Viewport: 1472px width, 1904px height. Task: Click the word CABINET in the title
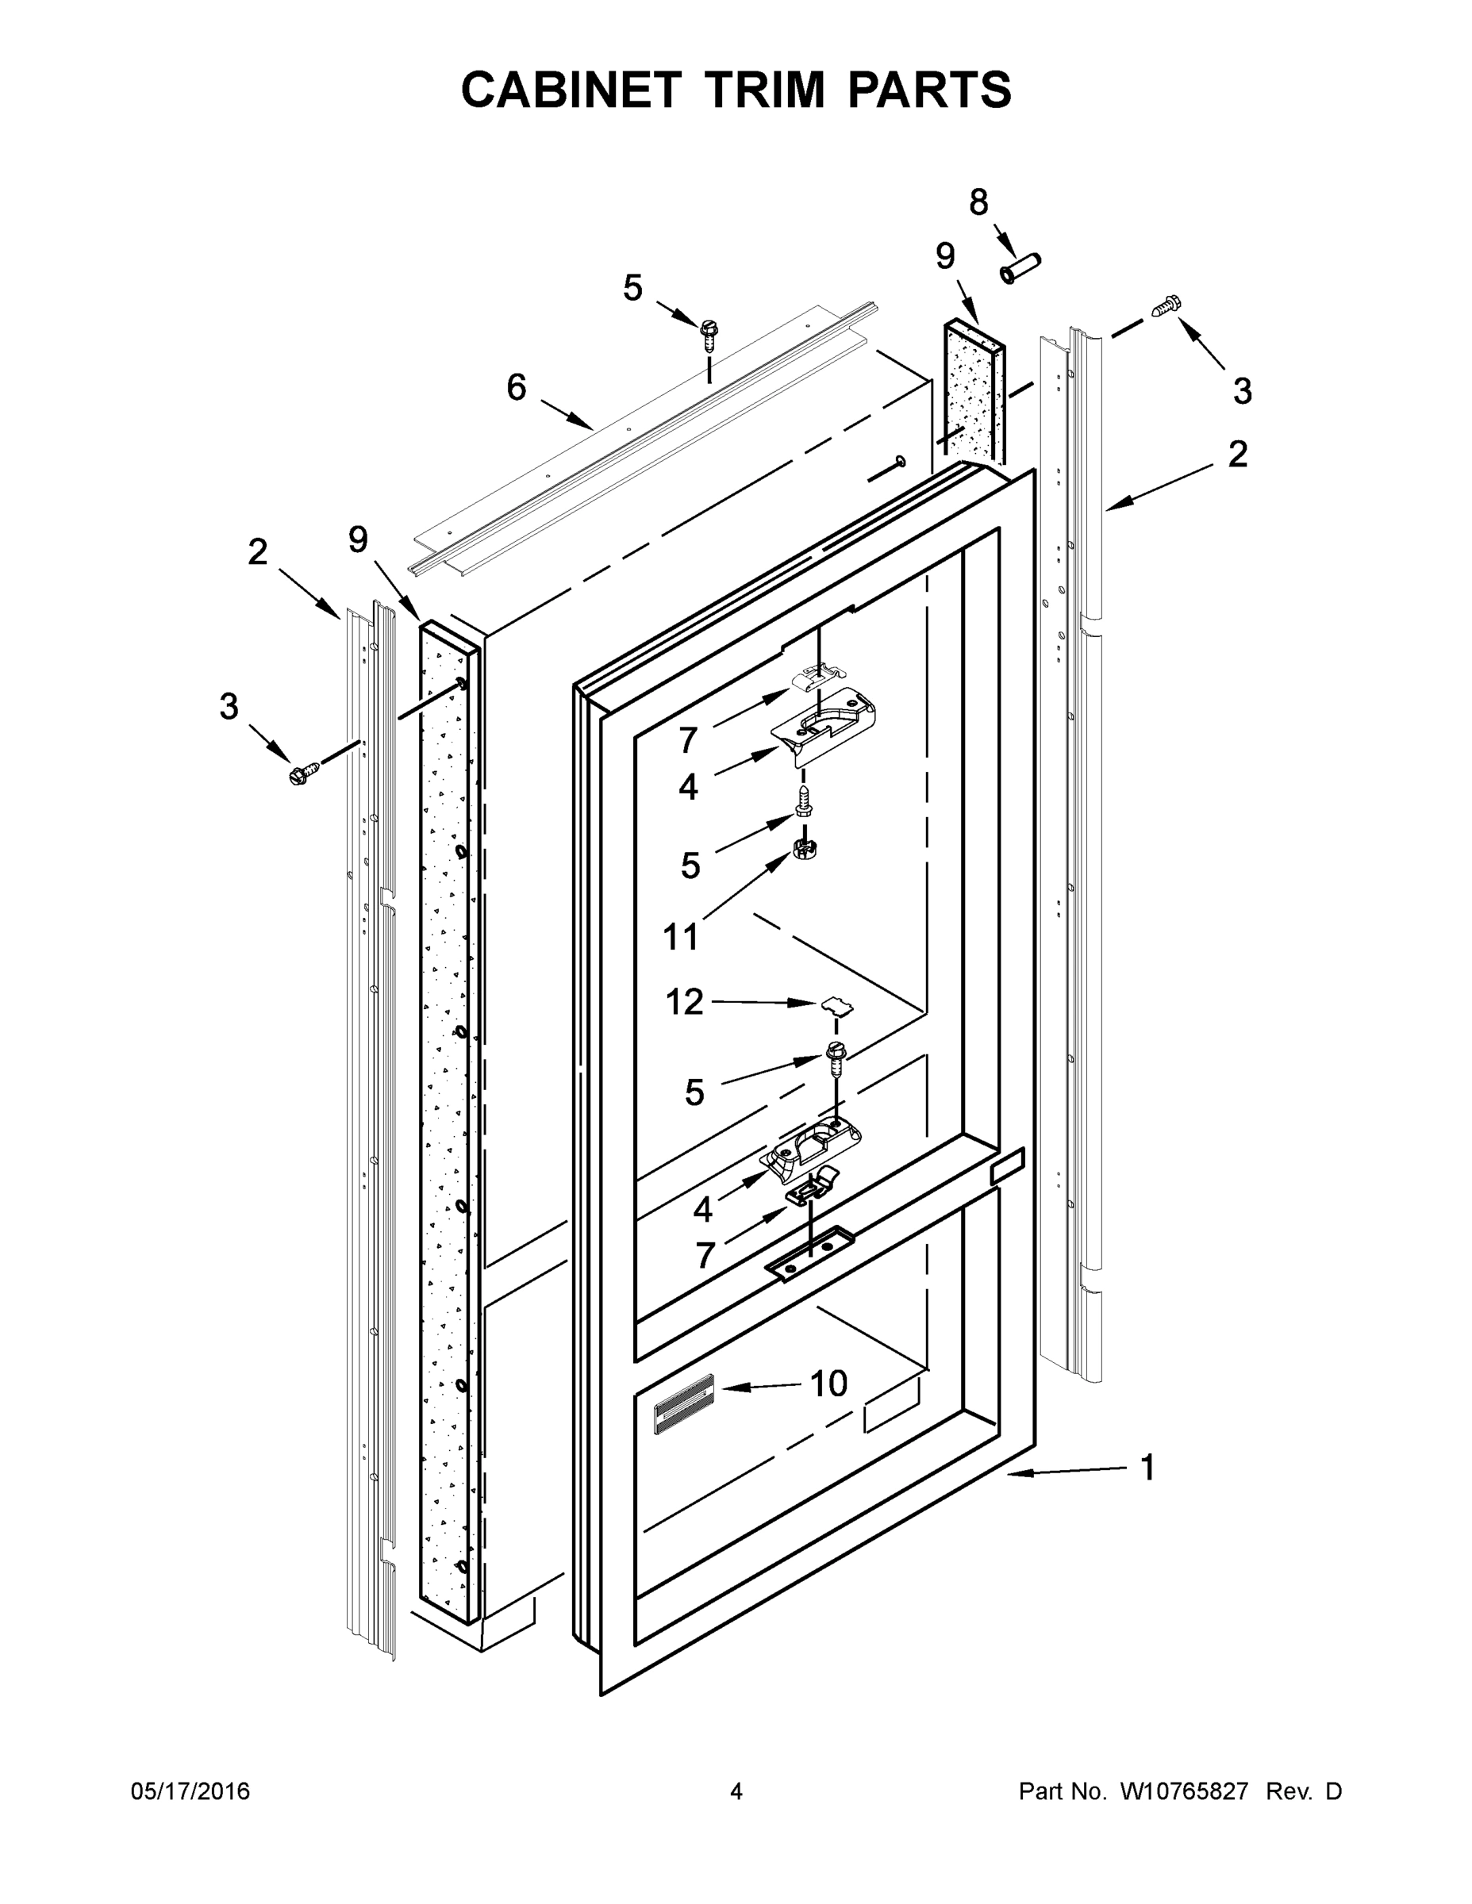point(571,90)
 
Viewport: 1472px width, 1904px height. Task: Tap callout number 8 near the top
point(978,202)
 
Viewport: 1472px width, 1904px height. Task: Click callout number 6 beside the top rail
point(517,386)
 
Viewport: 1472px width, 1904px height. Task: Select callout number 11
point(680,937)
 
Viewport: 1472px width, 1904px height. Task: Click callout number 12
point(684,1002)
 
